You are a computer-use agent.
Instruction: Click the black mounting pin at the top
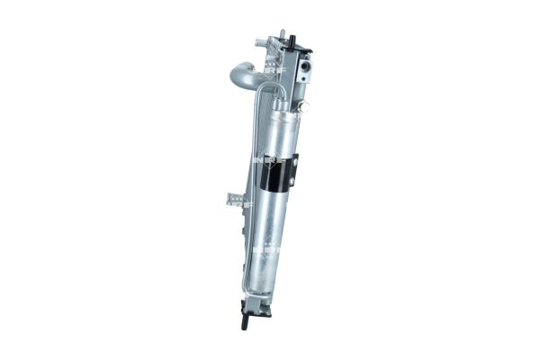pyautogui.click(x=294, y=38)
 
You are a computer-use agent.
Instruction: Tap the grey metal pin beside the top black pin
pyautogui.click(x=282, y=35)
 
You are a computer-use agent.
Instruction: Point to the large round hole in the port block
pyautogui.click(x=308, y=66)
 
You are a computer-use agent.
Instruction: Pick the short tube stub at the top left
pyautogui.click(x=262, y=42)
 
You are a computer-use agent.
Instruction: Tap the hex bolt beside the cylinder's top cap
pyautogui.click(x=303, y=106)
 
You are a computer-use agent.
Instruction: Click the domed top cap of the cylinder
pyautogui.click(x=290, y=109)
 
